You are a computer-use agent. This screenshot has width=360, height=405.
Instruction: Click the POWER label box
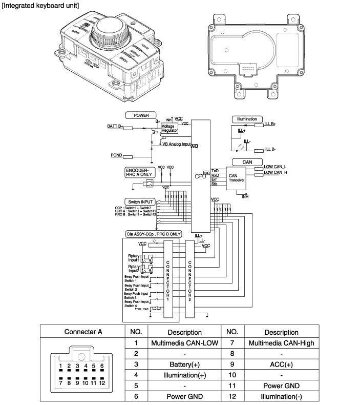(x=141, y=115)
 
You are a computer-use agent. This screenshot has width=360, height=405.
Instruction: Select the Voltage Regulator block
(x=170, y=128)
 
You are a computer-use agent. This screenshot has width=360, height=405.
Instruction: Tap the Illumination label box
(x=247, y=119)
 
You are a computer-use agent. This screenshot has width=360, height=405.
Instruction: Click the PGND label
(x=116, y=155)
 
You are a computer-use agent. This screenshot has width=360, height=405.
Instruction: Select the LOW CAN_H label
(x=275, y=172)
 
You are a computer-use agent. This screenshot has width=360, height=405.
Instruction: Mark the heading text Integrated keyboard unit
(x=40, y=6)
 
